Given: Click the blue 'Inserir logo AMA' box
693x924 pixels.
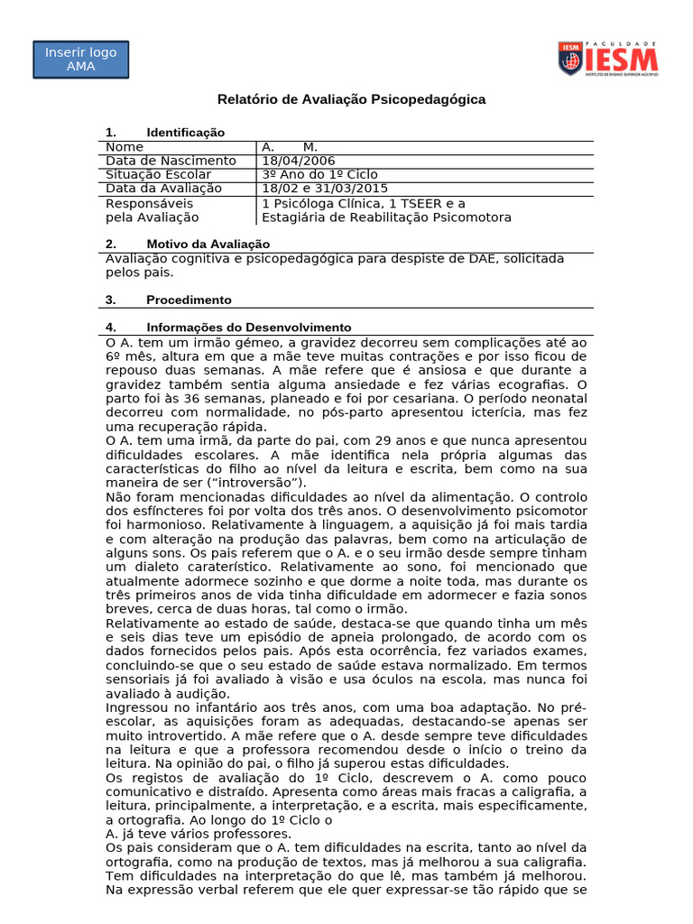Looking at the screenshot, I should [x=81, y=60].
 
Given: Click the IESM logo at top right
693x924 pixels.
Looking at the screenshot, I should [x=607, y=59].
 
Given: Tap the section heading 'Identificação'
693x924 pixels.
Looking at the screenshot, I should [x=185, y=133].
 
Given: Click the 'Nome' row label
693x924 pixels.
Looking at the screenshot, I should [x=125, y=147].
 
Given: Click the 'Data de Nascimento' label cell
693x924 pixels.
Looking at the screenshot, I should [x=171, y=161].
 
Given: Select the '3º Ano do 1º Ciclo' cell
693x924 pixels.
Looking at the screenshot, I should [x=319, y=174].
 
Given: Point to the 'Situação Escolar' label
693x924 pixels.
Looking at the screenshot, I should [x=159, y=174].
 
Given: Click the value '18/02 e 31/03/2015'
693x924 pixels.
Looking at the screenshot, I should [x=325, y=189].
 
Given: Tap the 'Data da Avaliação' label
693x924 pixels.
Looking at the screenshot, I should [x=163, y=189].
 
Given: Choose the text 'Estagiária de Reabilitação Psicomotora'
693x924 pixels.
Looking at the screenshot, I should [x=386, y=217].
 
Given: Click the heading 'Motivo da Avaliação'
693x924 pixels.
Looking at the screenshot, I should [x=208, y=245].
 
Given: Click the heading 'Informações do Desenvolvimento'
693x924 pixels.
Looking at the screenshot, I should [x=248, y=328].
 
